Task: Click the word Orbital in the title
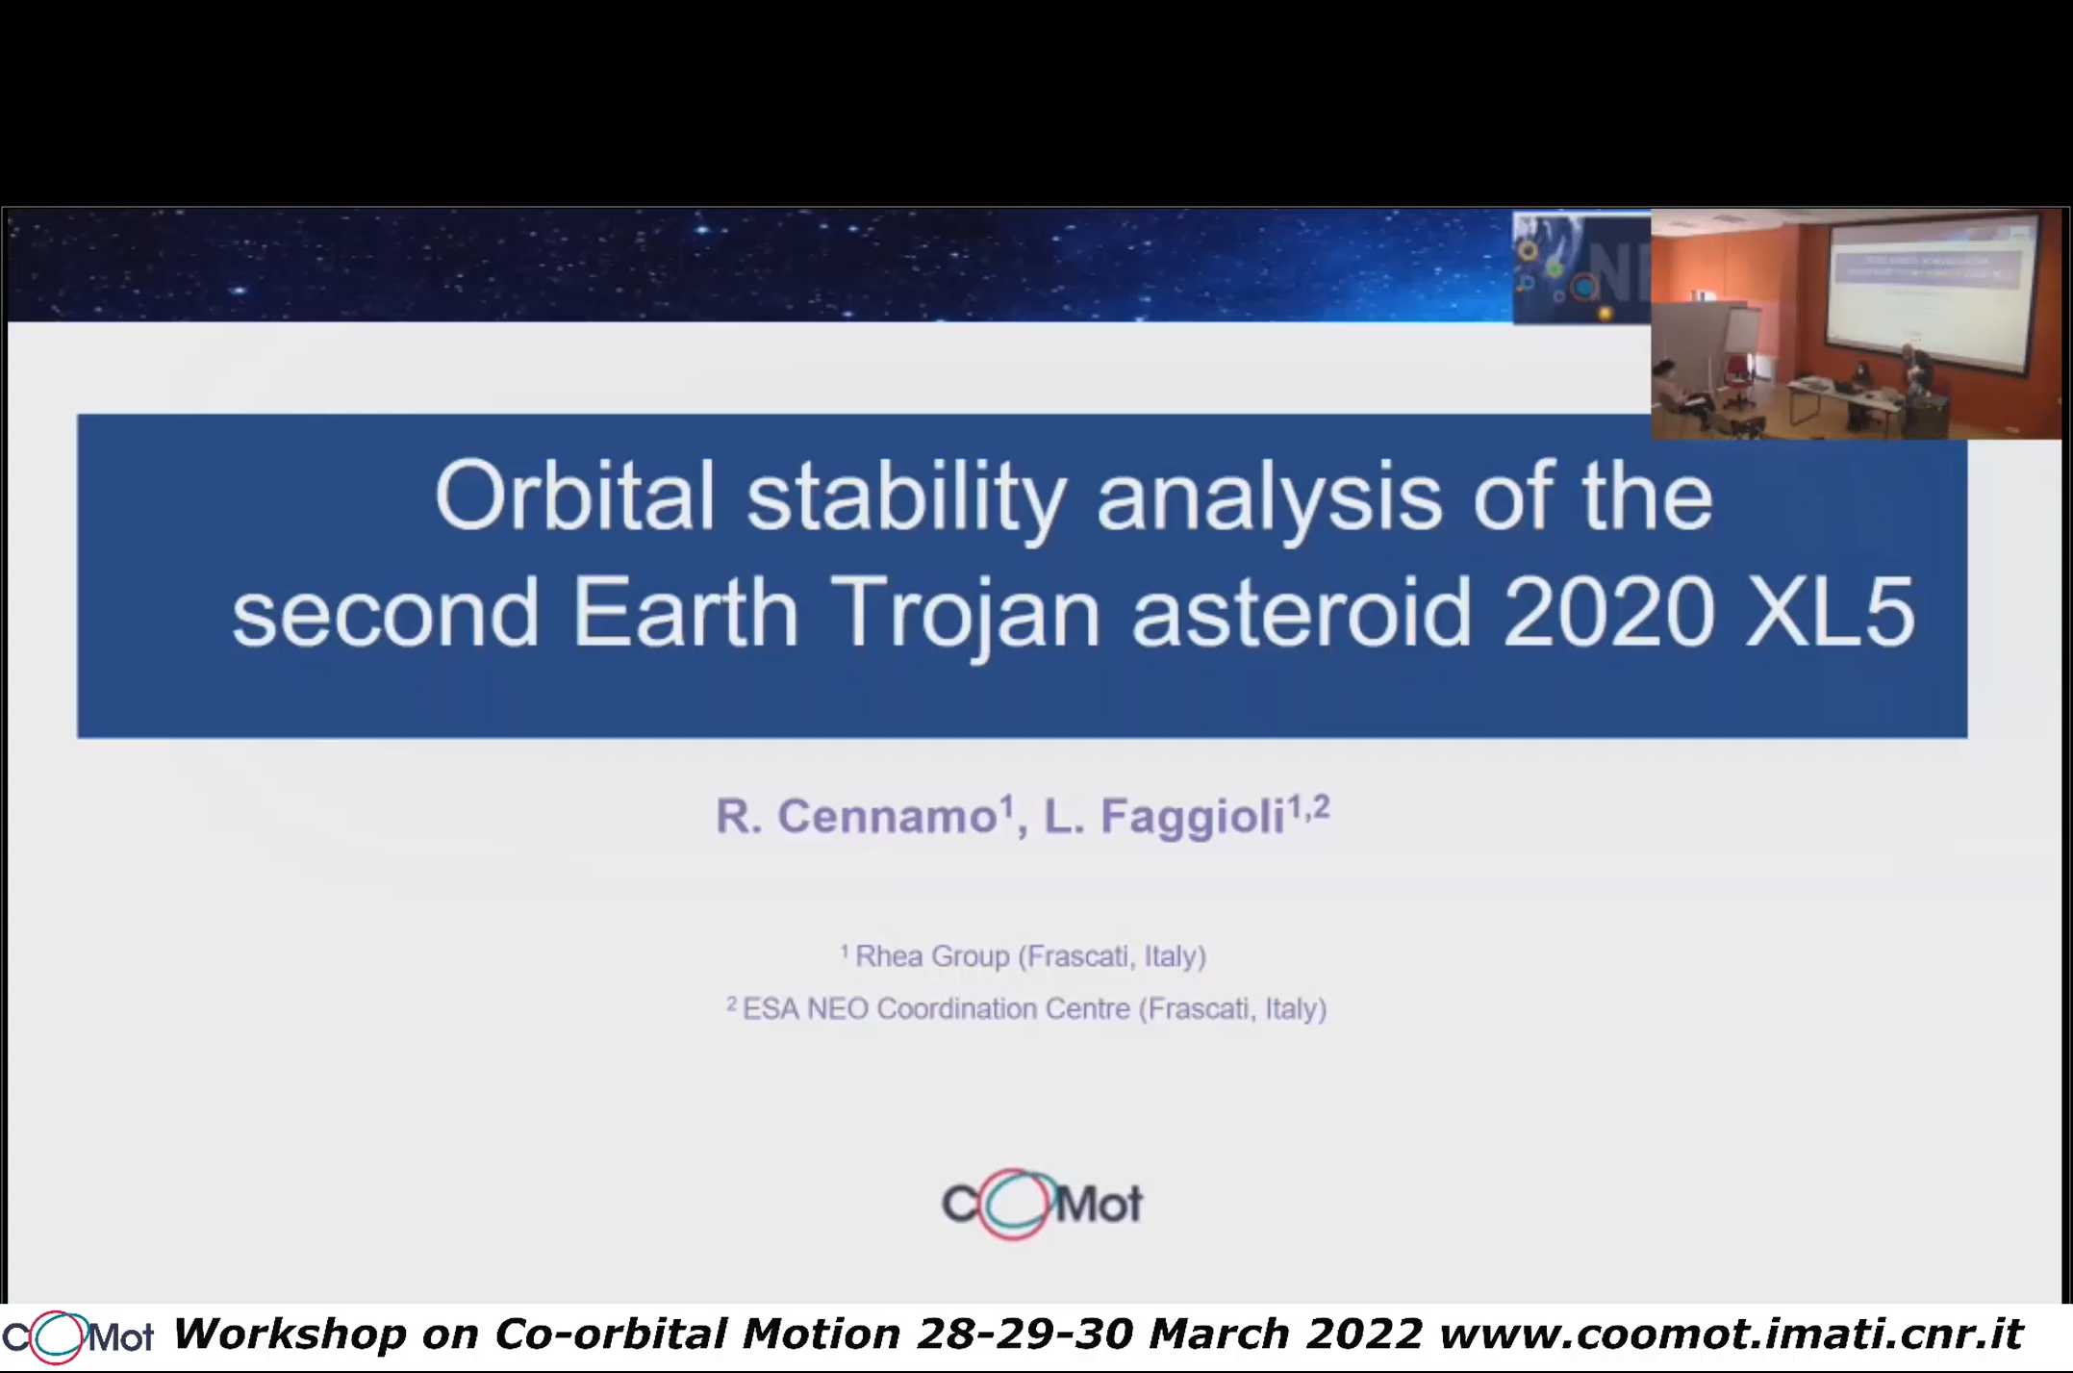(x=575, y=496)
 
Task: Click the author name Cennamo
(x=886, y=817)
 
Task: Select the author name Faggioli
(x=1193, y=817)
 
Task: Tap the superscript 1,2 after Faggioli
(x=1309, y=806)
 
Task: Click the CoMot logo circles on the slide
(x=1015, y=1203)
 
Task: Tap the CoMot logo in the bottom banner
(x=77, y=1336)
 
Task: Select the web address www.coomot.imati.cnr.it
(x=1732, y=1335)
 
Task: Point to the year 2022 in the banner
(x=1364, y=1335)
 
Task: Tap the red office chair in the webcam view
(x=1738, y=380)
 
